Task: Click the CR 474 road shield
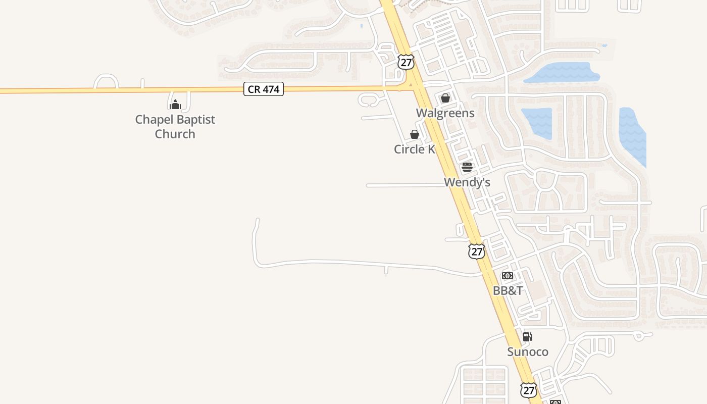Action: click(x=264, y=89)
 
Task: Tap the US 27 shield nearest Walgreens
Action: click(x=406, y=62)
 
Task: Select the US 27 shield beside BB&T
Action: click(x=476, y=251)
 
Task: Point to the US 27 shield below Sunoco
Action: click(x=528, y=389)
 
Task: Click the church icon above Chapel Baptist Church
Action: click(x=175, y=105)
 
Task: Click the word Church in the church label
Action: click(x=175, y=134)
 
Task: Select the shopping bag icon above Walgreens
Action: click(x=445, y=98)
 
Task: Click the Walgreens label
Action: click(x=445, y=113)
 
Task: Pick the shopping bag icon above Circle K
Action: click(x=414, y=134)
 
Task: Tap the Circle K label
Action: click(x=414, y=149)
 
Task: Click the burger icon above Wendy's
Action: click(x=467, y=167)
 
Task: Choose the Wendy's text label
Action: click(x=467, y=182)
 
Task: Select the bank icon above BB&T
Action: click(x=508, y=276)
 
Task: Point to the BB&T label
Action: click(x=508, y=291)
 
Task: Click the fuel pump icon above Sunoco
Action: click(x=527, y=337)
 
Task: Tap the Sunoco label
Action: click(x=527, y=352)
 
